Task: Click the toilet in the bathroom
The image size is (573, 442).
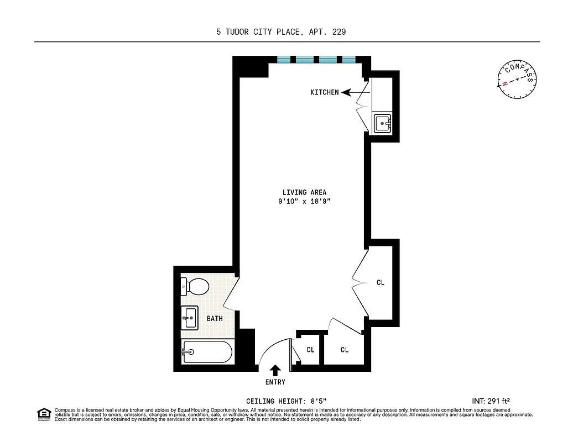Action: [x=195, y=286]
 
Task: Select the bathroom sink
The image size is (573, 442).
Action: [x=190, y=317]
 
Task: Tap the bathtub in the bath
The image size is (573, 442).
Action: [x=207, y=351]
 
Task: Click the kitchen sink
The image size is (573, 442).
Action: [x=382, y=123]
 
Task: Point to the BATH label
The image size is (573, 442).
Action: [x=215, y=319]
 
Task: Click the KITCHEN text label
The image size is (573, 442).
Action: [x=325, y=92]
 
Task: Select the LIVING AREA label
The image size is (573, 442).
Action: [x=304, y=192]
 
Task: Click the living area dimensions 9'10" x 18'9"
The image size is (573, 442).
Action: [x=304, y=202]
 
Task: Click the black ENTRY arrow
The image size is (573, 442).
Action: [x=275, y=371]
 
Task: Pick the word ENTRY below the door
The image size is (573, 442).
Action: [x=275, y=382]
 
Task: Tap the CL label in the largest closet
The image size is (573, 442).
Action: [x=380, y=282]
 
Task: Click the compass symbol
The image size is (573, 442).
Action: [x=517, y=79]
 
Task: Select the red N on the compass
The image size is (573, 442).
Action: [x=504, y=85]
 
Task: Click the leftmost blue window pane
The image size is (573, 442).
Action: [x=284, y=60]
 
